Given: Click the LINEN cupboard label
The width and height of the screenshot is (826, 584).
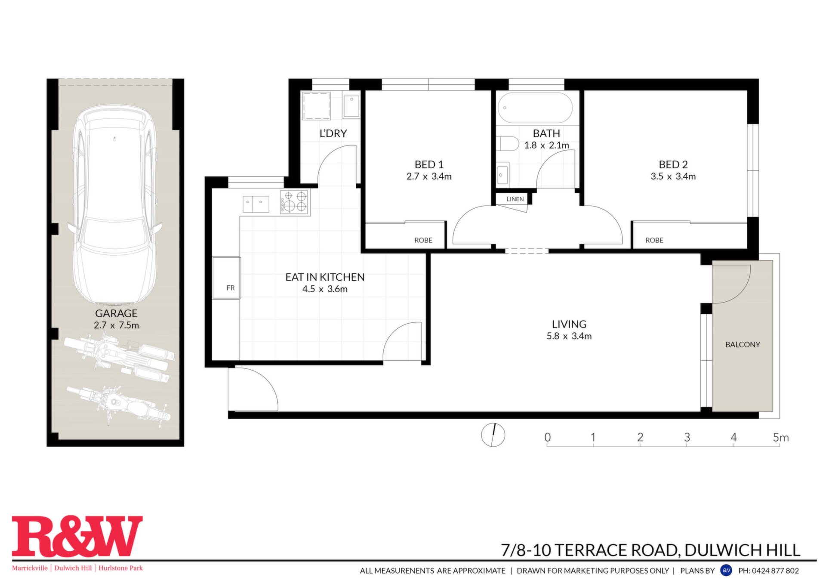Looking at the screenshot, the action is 515,199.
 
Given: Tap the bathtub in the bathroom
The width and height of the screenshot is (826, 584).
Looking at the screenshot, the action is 535,108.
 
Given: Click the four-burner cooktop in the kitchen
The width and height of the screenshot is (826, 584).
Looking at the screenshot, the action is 295,202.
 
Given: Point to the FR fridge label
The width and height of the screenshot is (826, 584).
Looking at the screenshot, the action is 231,287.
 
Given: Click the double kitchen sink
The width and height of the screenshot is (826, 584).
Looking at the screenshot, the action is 256,204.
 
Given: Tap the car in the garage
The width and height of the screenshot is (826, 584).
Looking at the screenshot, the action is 115,204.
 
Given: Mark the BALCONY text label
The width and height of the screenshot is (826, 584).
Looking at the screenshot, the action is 743,344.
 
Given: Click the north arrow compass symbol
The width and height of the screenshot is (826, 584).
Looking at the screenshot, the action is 493,435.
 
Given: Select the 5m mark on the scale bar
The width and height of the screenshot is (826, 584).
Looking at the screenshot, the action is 780,437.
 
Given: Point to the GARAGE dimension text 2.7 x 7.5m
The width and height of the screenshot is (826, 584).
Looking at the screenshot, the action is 116,325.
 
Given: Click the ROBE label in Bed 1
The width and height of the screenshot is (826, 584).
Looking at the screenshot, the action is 423,240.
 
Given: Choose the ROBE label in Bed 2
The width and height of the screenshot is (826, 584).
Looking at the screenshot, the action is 654,240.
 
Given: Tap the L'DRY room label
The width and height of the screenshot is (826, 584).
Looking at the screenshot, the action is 333,133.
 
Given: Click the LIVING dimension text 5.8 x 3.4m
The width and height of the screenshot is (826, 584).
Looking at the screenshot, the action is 569,336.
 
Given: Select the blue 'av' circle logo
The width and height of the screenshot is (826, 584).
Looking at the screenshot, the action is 726,570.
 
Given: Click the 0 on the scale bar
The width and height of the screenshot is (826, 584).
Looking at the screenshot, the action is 547,437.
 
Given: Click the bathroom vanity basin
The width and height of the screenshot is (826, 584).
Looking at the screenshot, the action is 503,174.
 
